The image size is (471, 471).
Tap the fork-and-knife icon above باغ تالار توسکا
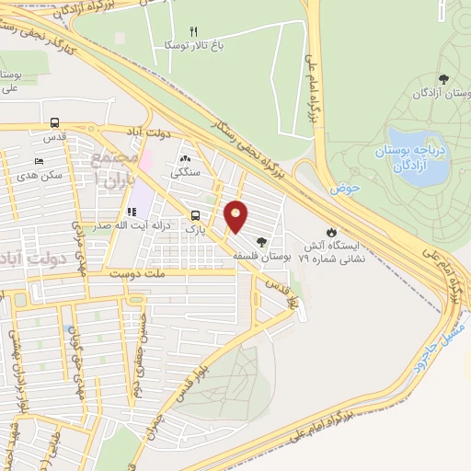point(192,31)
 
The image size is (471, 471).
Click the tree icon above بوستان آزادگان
point(443,79)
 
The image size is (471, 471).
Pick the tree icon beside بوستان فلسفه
point(263,242)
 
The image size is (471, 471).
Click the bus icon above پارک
point(192,214)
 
